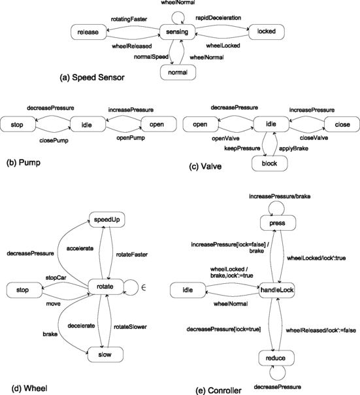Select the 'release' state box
click(87, 31)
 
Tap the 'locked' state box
click(265, 31)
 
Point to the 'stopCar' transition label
click(57, 277)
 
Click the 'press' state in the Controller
click(277, 224)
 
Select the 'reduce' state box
click(277, 358)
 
